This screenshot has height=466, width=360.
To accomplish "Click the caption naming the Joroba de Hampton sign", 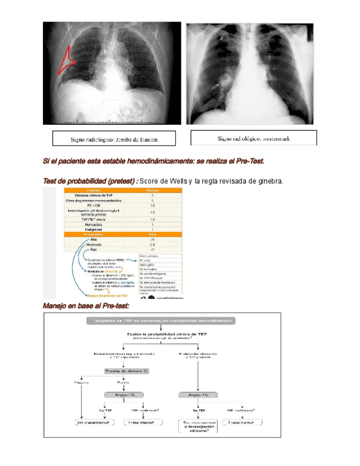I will click(x=114, y=140).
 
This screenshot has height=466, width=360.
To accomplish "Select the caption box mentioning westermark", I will click(x=253, y=138).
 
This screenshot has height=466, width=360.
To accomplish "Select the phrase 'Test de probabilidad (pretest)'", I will click(x=90, y=181).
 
